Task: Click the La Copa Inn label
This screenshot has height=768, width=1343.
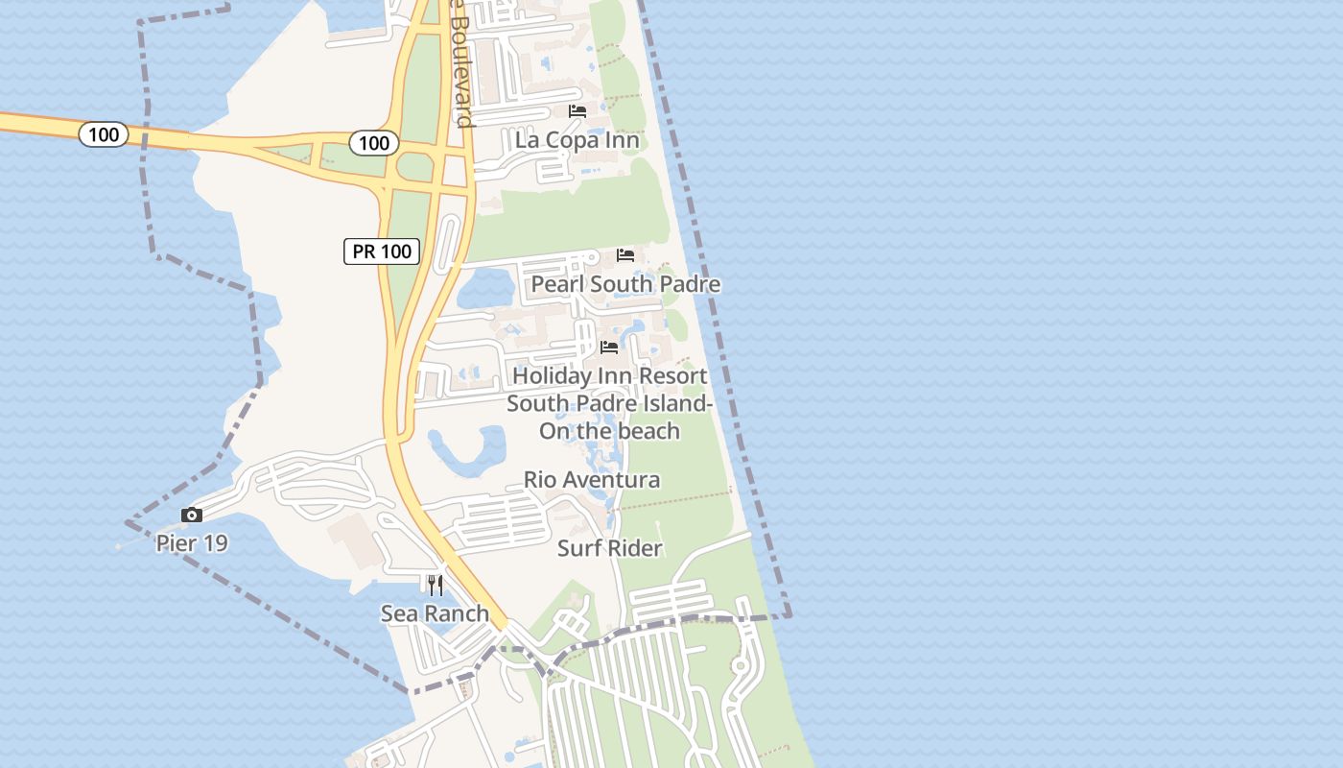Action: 577,140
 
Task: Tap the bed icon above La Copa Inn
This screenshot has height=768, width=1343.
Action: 577,111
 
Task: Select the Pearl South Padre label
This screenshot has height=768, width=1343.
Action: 625,284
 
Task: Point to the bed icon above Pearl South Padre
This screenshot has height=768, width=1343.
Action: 625,255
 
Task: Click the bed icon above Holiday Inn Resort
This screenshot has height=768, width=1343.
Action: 609,347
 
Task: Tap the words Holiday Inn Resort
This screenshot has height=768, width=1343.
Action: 609,375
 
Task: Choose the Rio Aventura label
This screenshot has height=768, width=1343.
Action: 592,479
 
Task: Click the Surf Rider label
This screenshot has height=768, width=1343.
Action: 610,548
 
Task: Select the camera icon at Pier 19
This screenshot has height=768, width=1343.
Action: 192,516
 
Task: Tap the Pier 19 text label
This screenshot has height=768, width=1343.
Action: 192,543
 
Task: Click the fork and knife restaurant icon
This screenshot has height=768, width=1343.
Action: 436,585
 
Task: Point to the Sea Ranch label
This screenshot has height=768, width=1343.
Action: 435,613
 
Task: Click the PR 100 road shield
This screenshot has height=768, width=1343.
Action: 382,252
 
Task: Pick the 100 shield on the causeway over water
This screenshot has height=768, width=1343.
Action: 104,134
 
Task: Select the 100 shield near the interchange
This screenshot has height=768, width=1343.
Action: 373,144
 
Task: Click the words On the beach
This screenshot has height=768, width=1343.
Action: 609,431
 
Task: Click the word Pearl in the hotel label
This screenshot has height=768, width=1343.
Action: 558,284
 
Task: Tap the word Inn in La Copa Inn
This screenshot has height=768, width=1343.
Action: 620,140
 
